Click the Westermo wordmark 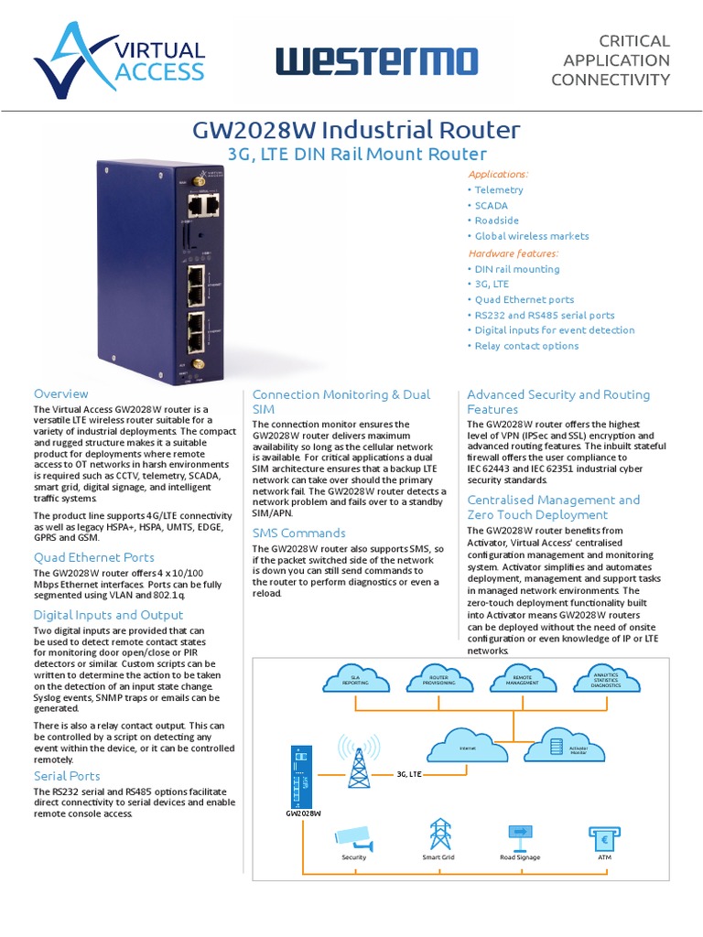coord(376,62)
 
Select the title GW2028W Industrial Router coord(356,129)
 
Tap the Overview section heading coord(61,393)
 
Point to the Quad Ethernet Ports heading coord(94,556)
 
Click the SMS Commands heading coord(298,533)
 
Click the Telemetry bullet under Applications coord(499,189)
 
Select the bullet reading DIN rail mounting coord(516,269)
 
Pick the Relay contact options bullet coord(526,346)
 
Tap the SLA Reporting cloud coord(355,679)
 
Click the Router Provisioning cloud coord(438,679)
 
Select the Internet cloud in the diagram coord(467,747)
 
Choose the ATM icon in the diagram coord(603,835)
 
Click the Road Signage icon coord(520,835)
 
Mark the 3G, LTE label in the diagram coord(408,773)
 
